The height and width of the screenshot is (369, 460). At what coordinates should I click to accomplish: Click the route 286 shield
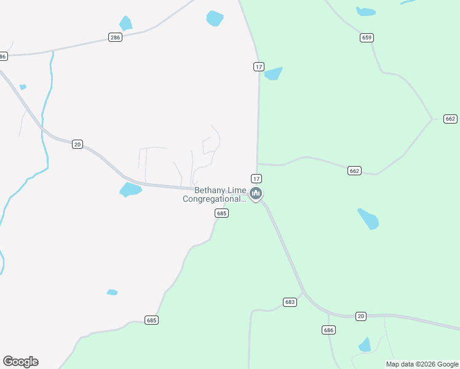115,37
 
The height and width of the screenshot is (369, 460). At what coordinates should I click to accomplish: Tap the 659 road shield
367,38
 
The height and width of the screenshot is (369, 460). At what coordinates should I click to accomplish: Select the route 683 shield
290,302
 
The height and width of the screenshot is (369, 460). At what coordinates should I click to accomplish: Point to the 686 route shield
328,330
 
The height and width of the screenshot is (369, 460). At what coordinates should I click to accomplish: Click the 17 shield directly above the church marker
256,178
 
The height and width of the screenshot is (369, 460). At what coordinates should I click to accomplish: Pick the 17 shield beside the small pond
258,66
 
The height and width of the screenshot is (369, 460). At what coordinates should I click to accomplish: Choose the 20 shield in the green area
361,316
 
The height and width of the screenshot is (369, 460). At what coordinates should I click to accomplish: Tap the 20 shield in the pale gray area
77,144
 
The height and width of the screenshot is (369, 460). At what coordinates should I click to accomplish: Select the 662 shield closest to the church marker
354,170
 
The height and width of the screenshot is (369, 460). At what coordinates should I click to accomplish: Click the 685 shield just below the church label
222,213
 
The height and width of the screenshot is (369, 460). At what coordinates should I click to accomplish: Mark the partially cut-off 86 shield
3,57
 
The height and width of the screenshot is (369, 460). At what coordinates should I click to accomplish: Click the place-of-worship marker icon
256,194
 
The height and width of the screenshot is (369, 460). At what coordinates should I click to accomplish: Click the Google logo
20,362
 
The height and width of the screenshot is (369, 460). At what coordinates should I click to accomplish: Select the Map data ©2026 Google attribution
422,364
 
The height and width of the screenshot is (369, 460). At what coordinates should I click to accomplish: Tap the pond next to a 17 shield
273,73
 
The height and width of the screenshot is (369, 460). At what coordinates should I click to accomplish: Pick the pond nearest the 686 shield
365,344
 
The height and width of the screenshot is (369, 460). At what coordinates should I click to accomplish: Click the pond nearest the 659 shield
366,11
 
